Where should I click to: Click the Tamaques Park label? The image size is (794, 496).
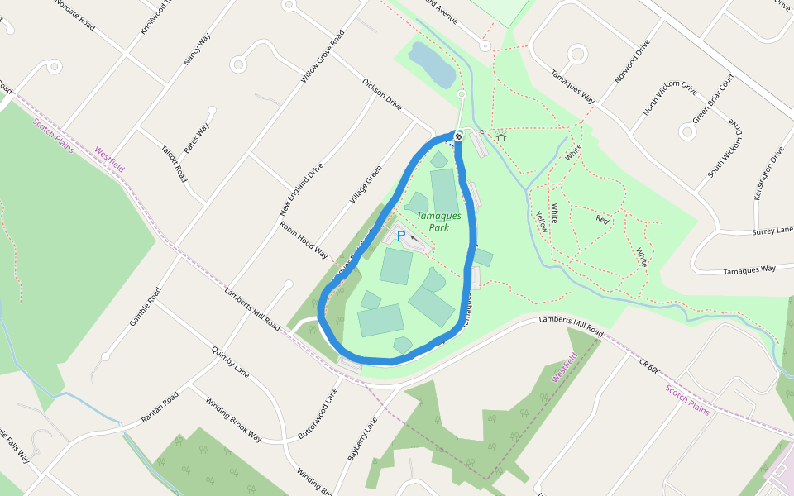pyautogui.click(x=433, y=221)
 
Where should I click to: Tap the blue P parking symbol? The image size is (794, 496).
pyautogui.click(x=401, y=236)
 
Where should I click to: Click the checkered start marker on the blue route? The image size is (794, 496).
pyautogui.click(x=457, y=136)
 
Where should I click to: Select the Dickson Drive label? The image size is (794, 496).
pyautogui.click(x=382, y=94)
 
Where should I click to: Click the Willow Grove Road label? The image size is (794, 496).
pyautogui.click(x=323, y=57)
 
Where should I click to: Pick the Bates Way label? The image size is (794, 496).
pyautogui.click(x=197, y=138)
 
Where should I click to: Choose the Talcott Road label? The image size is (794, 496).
pyautogui.click(x=174, y=164)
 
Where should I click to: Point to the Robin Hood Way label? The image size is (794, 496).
pyautogui.click(x=304, y=240)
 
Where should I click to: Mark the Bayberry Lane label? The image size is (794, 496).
pyautogui.click(x=362, y=438)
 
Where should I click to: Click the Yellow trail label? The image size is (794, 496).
pyautogui.click(x=541, y=219)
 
